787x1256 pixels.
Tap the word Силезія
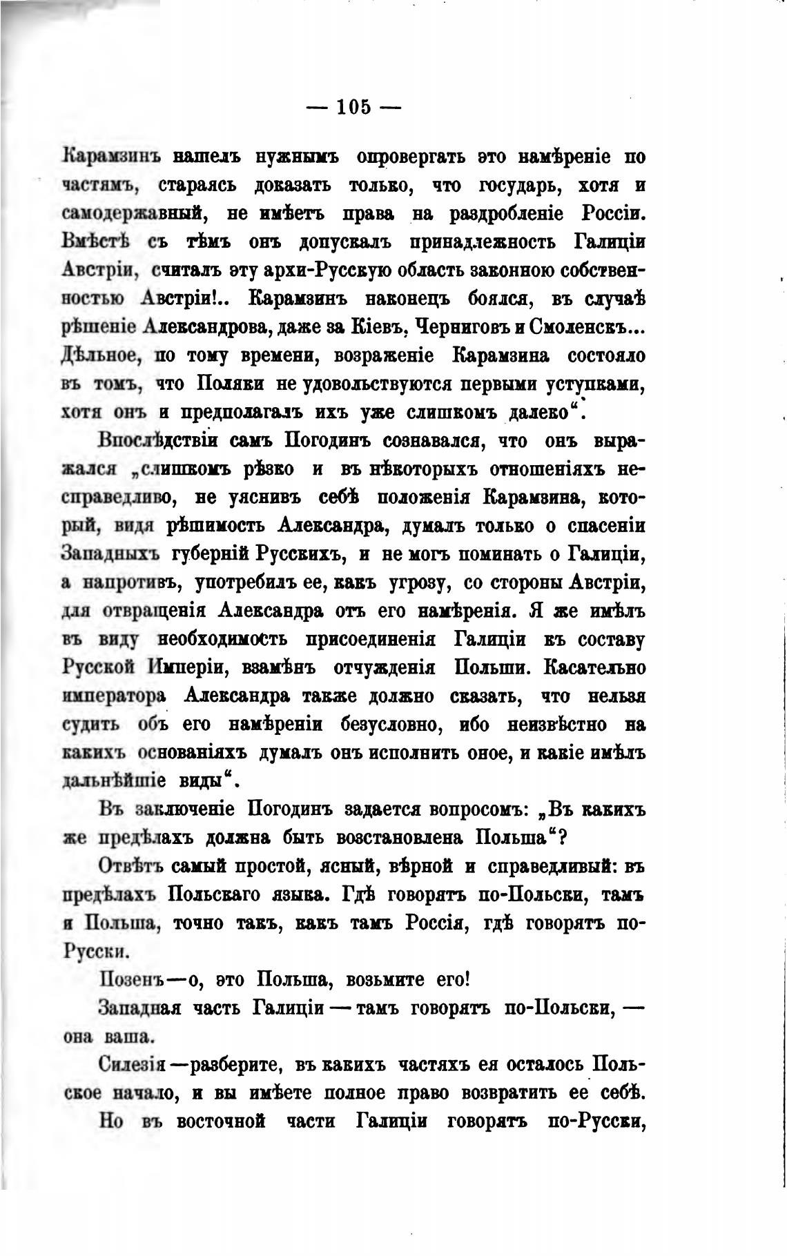[x=133, y=1064]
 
